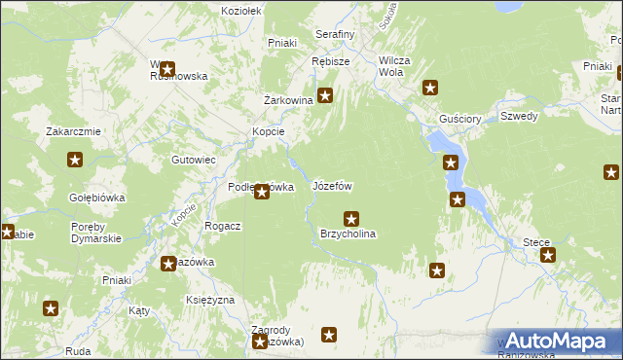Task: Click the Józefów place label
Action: click(x=332, y=185)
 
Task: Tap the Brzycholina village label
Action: click(x=348, y=234)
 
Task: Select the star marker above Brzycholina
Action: click(x=351, y=219)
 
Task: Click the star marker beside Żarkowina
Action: click(x=326, y=95)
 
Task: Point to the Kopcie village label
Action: click(x=268, y=131)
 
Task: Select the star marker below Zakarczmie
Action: click(x=74, y=161)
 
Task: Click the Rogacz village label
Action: click(x=222, y=225)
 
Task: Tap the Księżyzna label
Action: click(x=209, y=300)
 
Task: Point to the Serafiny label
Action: click(x=335, y=34)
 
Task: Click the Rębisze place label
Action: click(x=330, y=60)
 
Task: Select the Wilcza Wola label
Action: click(x=395, y=66)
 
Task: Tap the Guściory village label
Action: click(x=460, y=119)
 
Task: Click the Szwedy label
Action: click(x=519, y=116)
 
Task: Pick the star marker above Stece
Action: click(x=548, y=255)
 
